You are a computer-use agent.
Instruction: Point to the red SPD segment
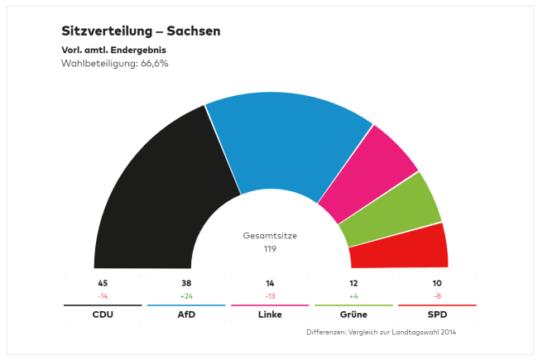pos(401,247)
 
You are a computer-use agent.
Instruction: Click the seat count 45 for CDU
pos(103,283)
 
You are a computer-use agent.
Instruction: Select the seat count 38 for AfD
pos(186,283)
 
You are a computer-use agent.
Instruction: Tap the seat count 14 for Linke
pos(270,283)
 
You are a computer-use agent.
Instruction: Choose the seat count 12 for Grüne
pos(353,283)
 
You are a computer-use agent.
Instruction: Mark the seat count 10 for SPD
pos(437,283)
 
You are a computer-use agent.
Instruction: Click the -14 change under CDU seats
pos(103,295)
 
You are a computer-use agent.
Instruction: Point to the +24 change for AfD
pos(186,295)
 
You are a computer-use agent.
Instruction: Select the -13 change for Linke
pos(270,295)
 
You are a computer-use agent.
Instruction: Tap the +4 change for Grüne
pos(353,295)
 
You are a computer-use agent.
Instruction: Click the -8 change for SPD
pos(437,295)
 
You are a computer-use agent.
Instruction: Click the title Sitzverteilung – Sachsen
pos(141,31)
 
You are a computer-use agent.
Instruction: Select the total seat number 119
pos(270,248)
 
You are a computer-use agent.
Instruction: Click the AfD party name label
pos(186,315)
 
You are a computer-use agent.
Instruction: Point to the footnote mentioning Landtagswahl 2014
pos(381,333)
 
